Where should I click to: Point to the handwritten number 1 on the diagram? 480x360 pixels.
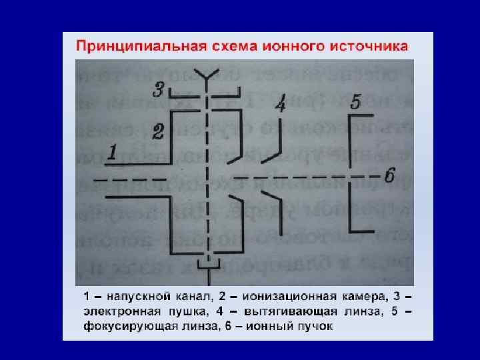tap(114, 153)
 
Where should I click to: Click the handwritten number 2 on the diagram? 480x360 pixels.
tap(158, 131)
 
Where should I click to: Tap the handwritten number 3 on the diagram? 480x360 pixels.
tap(159, 88)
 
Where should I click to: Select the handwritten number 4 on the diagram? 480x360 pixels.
tap(281, 105)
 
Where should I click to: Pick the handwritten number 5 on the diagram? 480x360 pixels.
tap(355, 101)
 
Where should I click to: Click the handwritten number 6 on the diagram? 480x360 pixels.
tap(390, 176)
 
